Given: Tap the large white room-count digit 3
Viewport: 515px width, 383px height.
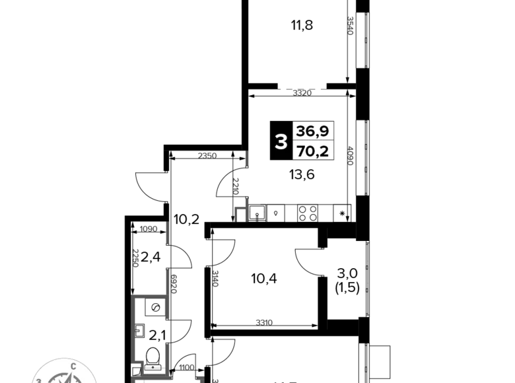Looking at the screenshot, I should (x=281, y=141).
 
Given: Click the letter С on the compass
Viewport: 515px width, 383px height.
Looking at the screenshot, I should (x=73, y=366).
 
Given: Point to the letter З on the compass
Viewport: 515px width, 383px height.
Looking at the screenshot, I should (x=39, y=380).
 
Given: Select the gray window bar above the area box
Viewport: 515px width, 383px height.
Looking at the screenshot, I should (x=302, y=87).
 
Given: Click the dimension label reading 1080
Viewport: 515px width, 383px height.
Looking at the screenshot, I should (x=149, y=228).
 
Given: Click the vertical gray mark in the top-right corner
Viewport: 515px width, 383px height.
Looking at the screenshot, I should (x=350, y=26).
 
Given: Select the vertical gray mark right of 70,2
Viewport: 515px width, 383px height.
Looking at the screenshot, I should (x=350, y=155).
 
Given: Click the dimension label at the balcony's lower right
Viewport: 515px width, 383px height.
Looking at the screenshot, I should (x=186, y=363).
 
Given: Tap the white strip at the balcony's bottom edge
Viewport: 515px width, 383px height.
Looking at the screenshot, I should (x=152, y=366).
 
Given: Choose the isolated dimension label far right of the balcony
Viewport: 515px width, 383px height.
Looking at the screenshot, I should (x=264, y=322).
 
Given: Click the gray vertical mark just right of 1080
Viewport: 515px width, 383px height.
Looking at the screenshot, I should (x=167, y=232).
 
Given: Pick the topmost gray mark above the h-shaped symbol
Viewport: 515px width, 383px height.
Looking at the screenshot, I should (x=248, y=158).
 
